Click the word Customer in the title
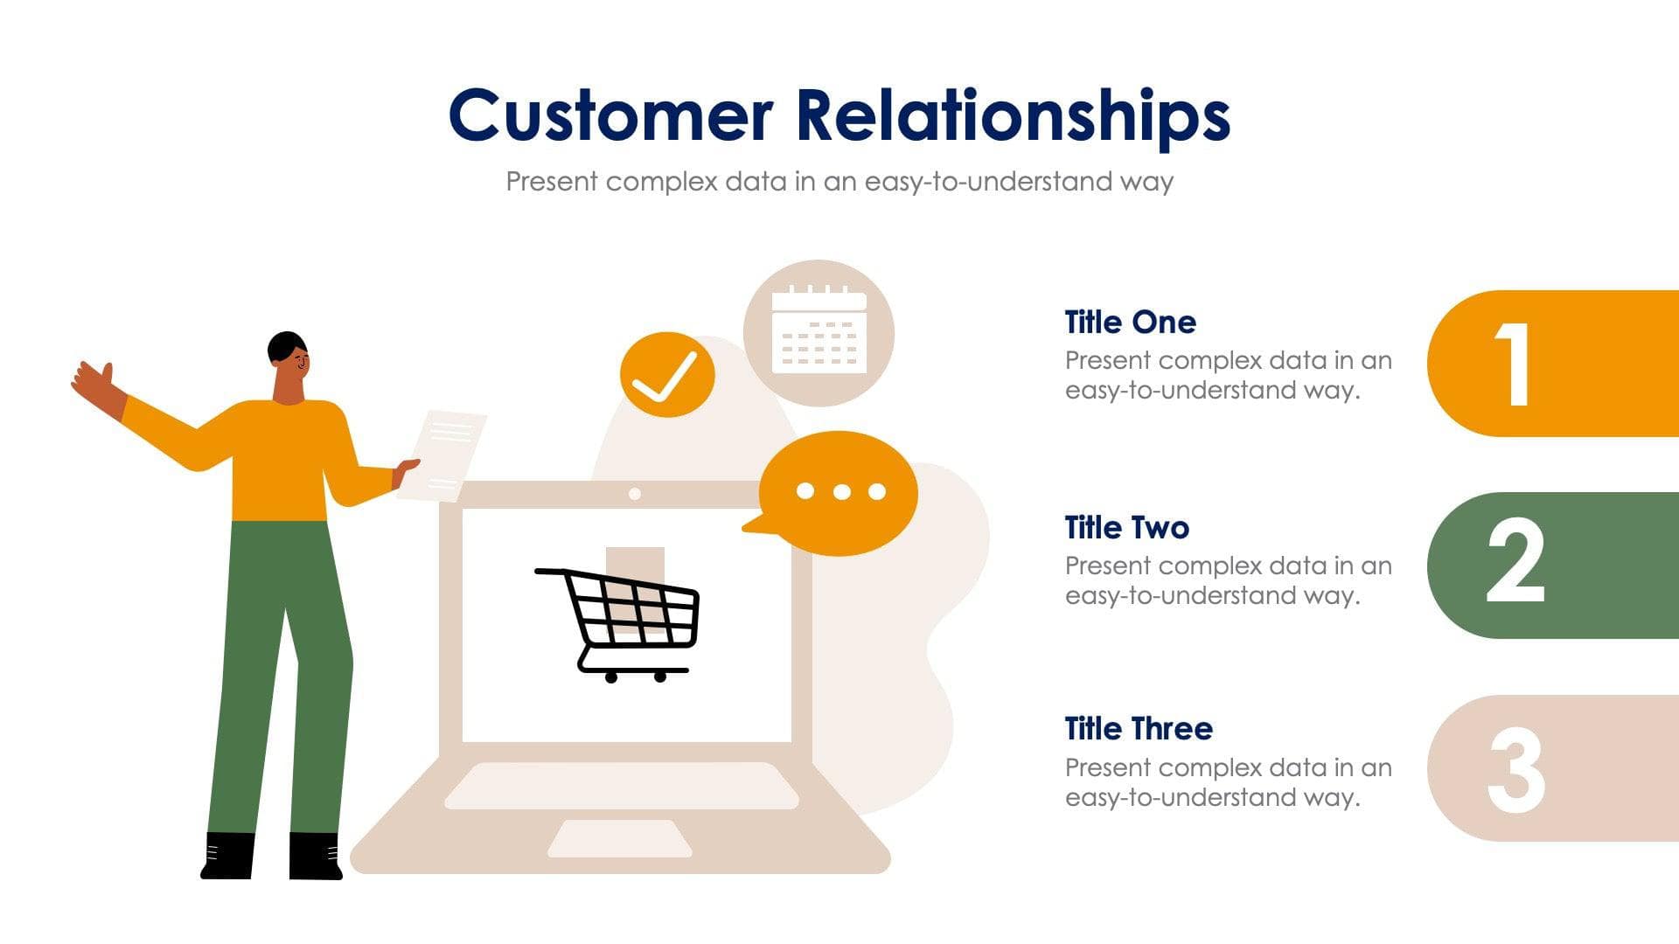click(x=610, y=116)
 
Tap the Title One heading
click(x=1130, y=323)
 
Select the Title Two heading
click(x=1126, y=528)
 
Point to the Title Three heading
click(x=1138, y=729)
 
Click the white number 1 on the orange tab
click(x=1514, y=364)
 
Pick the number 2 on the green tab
click(x=1515, y=561)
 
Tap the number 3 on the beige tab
click(x=1515, y=770)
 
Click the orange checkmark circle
click(x=666, y=374)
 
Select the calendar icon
click(x=819, y=332)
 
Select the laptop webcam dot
click(x=635, y=494)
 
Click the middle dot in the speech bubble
click(x=841, y=492)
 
